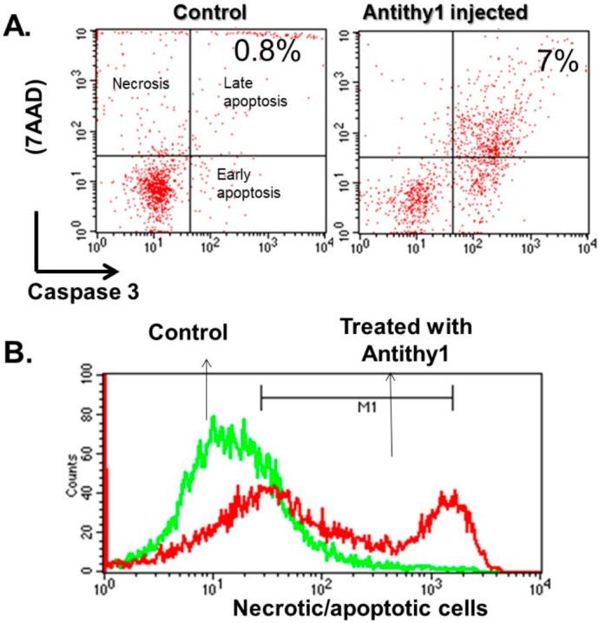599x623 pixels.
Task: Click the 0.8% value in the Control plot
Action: click(267, 51)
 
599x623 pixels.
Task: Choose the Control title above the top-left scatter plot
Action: click(207, 13)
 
